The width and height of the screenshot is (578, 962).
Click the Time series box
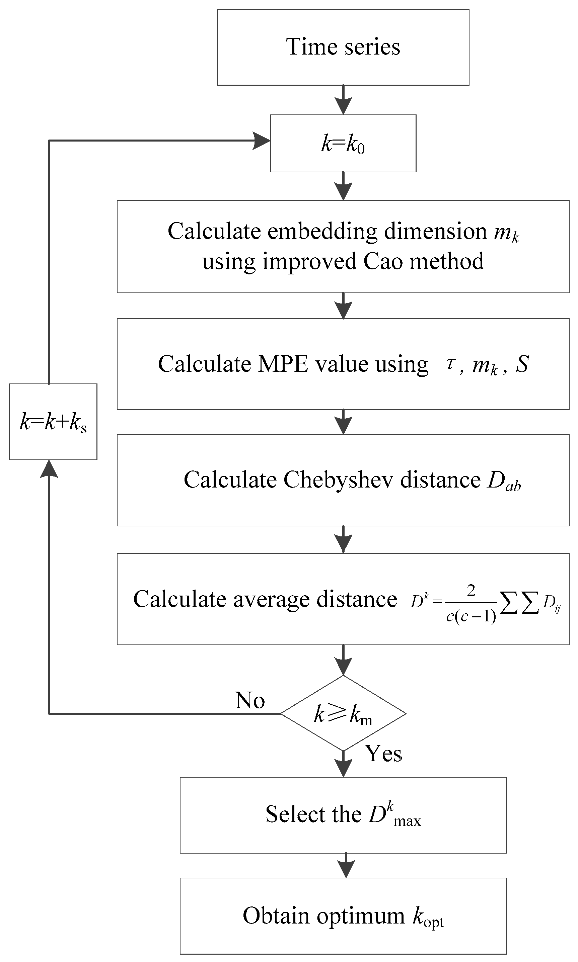click(x=343, y=47)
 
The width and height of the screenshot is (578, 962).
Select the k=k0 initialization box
click(x=343, y=143)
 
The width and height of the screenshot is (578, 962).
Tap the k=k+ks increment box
click(x=53, y=422)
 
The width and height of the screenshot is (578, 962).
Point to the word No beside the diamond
click(x=250, y=700)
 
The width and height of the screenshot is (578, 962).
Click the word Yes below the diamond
click(x=383, y=754)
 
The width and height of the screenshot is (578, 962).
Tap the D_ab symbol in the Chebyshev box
click(x=504, y=481)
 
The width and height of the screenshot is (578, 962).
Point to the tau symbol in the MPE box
click(x=450, y=363)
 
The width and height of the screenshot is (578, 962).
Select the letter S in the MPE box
click(x=522, y=364)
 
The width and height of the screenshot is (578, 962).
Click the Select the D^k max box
click(x=343, y=815)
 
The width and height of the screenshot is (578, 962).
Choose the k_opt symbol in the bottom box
click(x=428, y=916)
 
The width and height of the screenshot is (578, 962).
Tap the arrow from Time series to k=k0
click(x=343, y=100)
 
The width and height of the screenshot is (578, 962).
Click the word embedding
click(x=322, y=231)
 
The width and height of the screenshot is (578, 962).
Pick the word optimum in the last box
click(x=360, y=916)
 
